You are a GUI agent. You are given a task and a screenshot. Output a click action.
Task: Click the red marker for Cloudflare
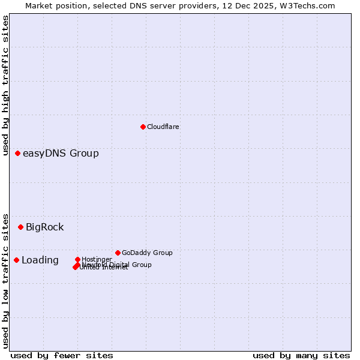tap(143, 127)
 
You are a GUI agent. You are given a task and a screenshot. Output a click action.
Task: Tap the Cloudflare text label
tap(163, 127)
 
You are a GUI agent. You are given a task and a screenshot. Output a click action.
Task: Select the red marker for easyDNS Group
tap(18, 154)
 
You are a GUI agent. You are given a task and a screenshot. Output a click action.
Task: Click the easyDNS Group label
tap(61, 154)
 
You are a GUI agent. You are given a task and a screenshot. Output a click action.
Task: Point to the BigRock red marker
tap(21, 227)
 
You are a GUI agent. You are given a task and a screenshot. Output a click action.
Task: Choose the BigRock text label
tap(44, 227)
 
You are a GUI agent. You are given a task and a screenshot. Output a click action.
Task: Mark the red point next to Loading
tap(17, 260)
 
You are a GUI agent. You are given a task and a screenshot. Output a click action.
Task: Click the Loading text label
tap(40, 260)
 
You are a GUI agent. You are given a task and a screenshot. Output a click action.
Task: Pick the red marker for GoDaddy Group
tap(118, 253)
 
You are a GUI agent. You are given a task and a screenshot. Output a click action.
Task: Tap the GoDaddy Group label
tap(147, 253)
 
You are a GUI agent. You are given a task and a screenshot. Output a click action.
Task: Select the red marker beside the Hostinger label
tap(77, 259)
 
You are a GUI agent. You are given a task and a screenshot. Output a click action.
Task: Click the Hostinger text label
tap(97, 259)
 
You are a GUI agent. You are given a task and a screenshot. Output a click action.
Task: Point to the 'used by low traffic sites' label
tap(6, 280)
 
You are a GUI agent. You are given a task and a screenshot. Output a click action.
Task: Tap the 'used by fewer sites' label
tap(62, 355)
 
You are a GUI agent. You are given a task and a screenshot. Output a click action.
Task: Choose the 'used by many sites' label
tap(301, 355)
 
